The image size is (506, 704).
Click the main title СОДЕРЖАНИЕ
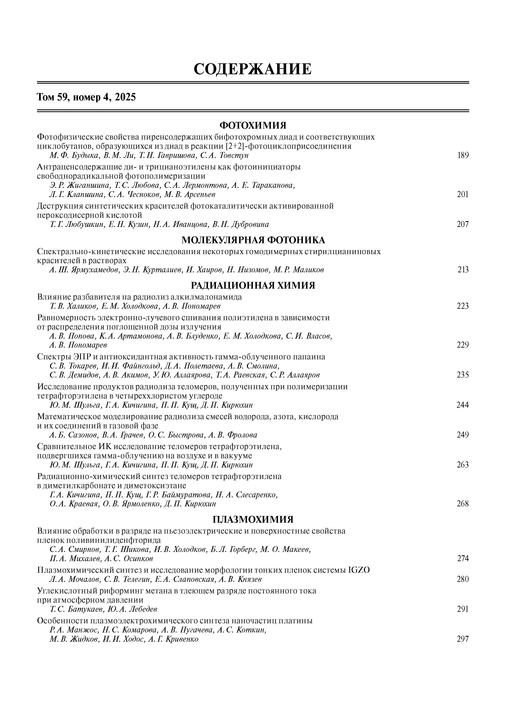(x=252, y=69)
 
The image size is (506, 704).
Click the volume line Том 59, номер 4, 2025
(x=87, y=97)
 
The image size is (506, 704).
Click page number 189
(x=463, y=155)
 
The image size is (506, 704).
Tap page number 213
(x=463, y=270)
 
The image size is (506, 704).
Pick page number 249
(x=463, y=435)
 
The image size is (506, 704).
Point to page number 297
(x=463, y=639)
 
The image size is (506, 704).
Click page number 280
(x=463, y=579)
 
